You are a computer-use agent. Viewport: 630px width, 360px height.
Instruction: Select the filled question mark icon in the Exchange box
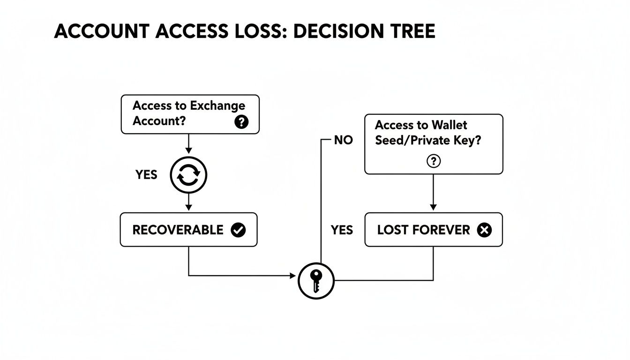241,122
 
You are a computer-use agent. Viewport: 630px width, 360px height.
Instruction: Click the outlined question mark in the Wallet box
434,161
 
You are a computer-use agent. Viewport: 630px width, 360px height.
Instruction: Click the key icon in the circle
316,281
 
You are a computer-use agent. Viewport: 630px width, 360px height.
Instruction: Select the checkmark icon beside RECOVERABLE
238,230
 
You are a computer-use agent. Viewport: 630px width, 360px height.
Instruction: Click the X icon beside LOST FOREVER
484,230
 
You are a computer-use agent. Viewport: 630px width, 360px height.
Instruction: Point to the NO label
343,140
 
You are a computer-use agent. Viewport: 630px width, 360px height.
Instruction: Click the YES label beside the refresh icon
146,175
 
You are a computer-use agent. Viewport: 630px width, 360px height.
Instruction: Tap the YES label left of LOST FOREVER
342,230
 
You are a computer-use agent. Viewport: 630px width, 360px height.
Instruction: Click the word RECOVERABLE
178,230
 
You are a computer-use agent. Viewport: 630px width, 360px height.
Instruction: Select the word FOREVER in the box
445,230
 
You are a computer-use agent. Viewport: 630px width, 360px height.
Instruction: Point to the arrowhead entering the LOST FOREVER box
433,207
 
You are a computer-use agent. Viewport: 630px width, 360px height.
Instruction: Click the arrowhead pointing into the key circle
293,276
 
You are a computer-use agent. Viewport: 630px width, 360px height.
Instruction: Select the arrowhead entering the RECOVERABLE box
188,207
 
